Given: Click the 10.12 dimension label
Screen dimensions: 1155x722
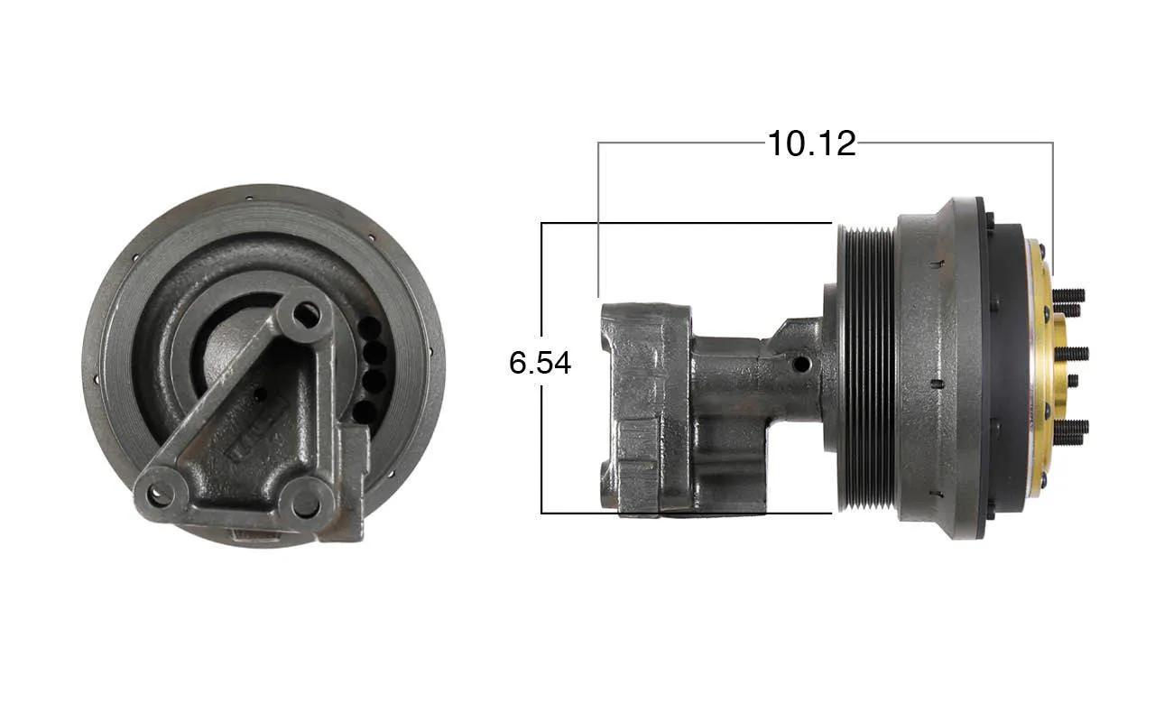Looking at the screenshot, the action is [x=811, y=143].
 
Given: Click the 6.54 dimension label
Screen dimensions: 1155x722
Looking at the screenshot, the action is [x=540, y=363].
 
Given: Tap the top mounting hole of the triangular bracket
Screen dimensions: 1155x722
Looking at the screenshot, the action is [x=307, y=315].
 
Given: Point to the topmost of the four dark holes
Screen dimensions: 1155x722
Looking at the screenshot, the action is [x=370, y=328].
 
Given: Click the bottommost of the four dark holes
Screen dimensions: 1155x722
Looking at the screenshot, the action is [x=365, y=412].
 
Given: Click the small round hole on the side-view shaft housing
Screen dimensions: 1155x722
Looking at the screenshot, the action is [x=800, y=365].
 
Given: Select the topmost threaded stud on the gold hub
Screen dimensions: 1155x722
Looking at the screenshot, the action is [x=1068, y=295].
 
